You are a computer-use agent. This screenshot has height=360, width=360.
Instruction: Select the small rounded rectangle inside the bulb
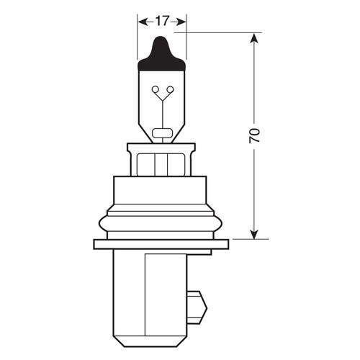click(x=161, y=132)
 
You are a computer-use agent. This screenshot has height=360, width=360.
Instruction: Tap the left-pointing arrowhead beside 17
click(x=142, y=22)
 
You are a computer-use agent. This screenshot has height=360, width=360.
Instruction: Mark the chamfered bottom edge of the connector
click(x=161, y=345)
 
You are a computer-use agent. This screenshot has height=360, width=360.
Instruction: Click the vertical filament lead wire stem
click(x=161, y=112)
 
